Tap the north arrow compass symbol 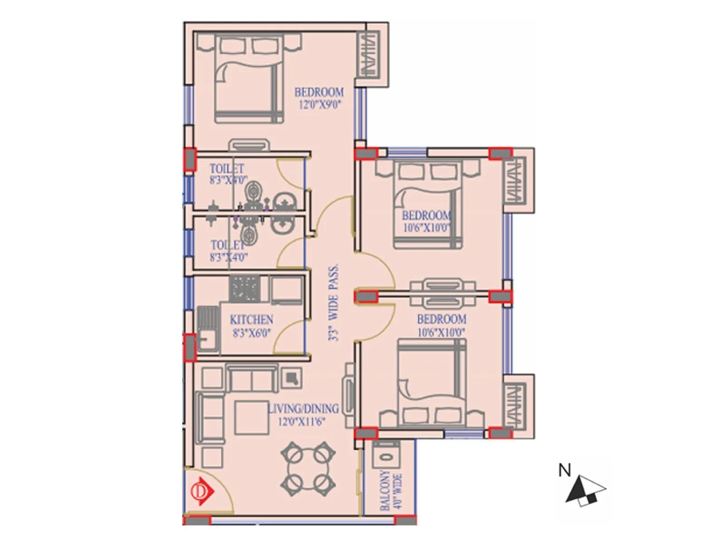[x=585, y=491]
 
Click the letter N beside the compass [x=565, y=471]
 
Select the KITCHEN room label [x=251, y=320]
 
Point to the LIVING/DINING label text [x=303, y=409]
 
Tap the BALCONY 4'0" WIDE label [x=391, y=491]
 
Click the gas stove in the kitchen [x=245, y=288]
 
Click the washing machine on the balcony [x=386, y=455]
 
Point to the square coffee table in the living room [x=251, y=417]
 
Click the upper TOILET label [x=227, y=169]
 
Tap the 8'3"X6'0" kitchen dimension [x=251, y=333]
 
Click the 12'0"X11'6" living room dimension [x=301, y=422]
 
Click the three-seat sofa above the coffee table [x=252, y=379]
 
